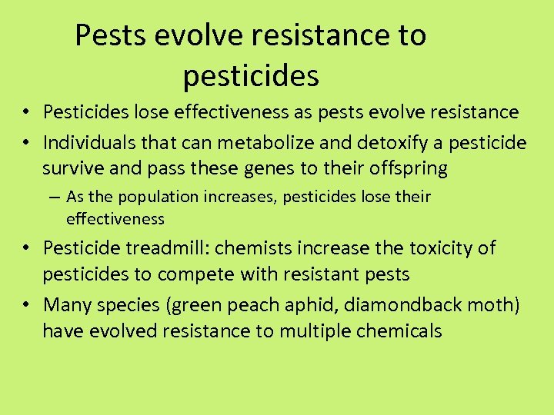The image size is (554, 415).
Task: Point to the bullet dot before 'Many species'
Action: [x=26, y=306]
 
